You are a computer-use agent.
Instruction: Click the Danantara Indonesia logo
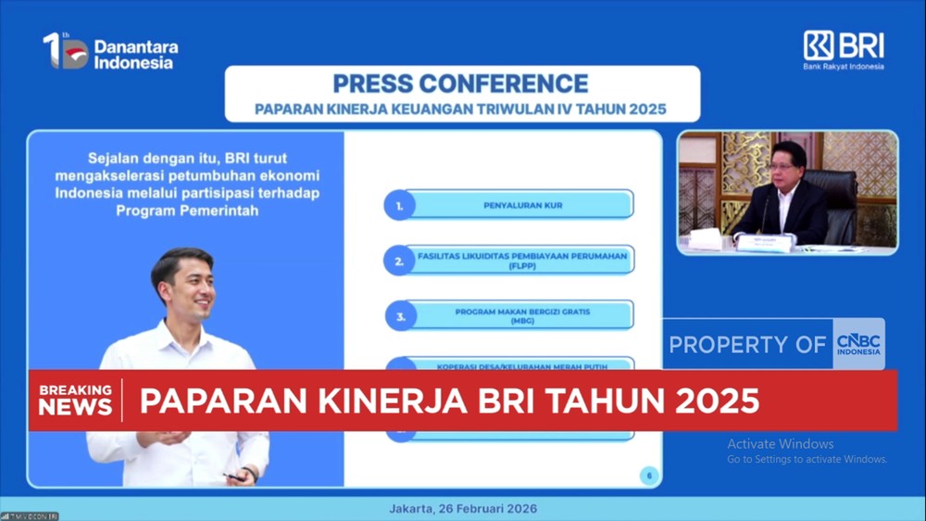110,52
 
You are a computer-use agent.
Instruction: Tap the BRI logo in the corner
843,49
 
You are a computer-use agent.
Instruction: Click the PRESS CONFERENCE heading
460,83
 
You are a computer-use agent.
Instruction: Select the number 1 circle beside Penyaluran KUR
399,205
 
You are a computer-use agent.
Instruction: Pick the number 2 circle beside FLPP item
399,260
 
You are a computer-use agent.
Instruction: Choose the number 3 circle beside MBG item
400,315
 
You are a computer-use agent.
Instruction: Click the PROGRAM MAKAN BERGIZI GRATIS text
522,311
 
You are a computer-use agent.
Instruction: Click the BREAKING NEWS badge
75,400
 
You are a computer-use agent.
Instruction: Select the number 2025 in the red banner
717,400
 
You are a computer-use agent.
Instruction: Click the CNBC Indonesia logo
858,344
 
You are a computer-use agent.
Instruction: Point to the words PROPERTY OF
747,345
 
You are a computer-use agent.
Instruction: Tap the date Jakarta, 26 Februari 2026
462,509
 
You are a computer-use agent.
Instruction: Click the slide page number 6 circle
649,476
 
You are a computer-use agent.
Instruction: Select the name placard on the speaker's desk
764,242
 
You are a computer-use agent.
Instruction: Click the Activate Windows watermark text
780,444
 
